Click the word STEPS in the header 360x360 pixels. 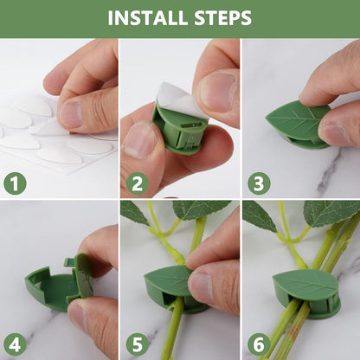pyautogui.click(x=221, y=18)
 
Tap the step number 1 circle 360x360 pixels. pyautogui.click(x=15, y=183)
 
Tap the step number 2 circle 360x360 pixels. pyautogui.click(x=137, y=183)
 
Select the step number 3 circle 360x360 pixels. pyautogui.click(x=258, y=183)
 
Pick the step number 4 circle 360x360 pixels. pyautogui.click(x=15, y=344)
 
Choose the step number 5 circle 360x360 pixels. pyautogui.click(x=137, y=344)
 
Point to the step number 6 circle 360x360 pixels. pyautogui.click(x=258, y=344)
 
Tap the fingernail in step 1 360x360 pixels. pyautogui.click(x=71, y=112)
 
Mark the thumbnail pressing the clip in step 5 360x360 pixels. pyautogui.click(x=201, y=286)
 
